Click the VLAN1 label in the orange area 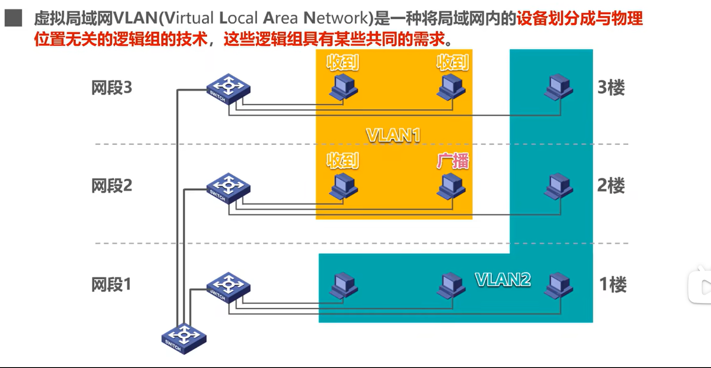point(393,135)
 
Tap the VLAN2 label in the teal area point(503,280)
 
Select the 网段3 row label point(112,88)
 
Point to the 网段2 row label point(112,185)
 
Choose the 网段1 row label point(111,285)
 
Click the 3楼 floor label point(611,88)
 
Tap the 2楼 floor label point(611,185)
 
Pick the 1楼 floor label point(612,285)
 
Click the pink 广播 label point(452,161)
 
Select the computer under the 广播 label point(451,187)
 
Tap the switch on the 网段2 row point(228,188)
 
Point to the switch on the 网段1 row point(228,287)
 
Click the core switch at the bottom point(184,338)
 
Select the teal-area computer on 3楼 point(558,87)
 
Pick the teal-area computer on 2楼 point(558,186)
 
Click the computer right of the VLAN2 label point(558,285)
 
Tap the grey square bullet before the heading point(13,18)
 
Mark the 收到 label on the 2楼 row point(343,161)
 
